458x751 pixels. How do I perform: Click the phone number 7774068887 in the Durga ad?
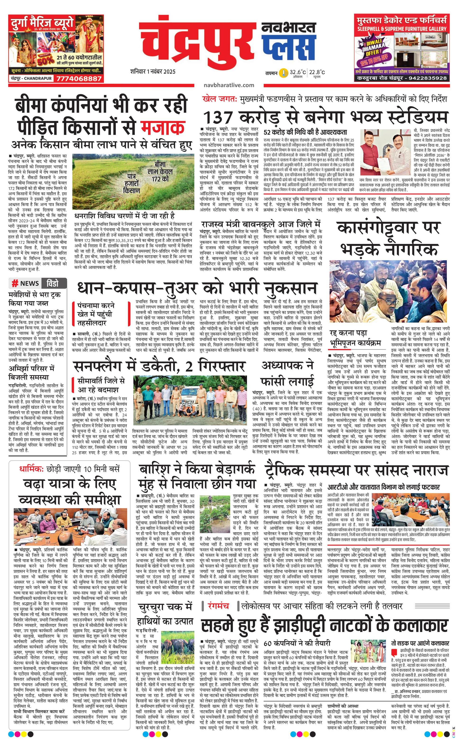[x=78, y=79]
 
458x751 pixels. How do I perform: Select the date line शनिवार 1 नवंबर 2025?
[x=153, y=72]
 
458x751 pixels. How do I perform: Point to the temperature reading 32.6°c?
[x=298, y=72]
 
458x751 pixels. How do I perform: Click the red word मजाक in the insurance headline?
[x=163, y=127]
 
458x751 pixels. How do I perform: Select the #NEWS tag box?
[x=25, y=283]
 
